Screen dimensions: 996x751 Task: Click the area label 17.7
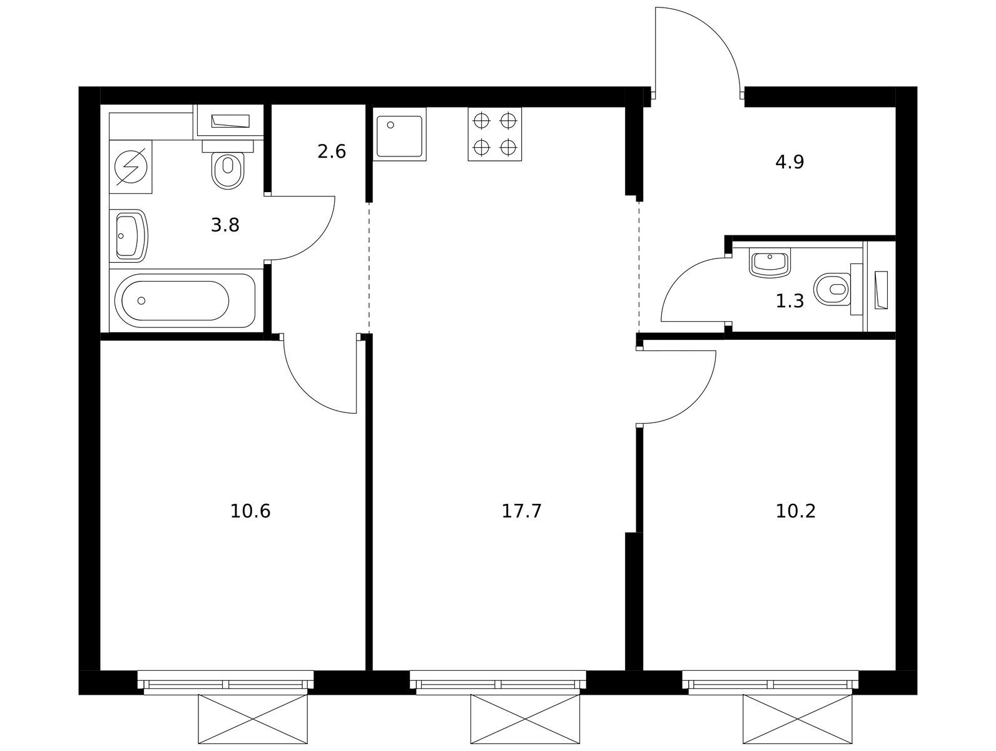[521, 511]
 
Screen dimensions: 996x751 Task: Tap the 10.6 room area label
[250, 511]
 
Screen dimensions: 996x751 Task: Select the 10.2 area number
[795, 511]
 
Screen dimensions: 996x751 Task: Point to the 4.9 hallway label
[790, 162]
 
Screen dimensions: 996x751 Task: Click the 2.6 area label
[331, 151]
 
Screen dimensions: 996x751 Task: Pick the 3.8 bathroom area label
[225, 225]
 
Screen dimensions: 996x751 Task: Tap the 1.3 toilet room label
[790, 301]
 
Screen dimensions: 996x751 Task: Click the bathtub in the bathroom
[185, 300]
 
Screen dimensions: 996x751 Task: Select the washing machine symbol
[131, 167]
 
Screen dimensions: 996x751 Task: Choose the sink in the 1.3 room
[770, 263]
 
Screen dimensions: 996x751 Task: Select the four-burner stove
[495, 135]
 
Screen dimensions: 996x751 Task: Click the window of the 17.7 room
[498, 683]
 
